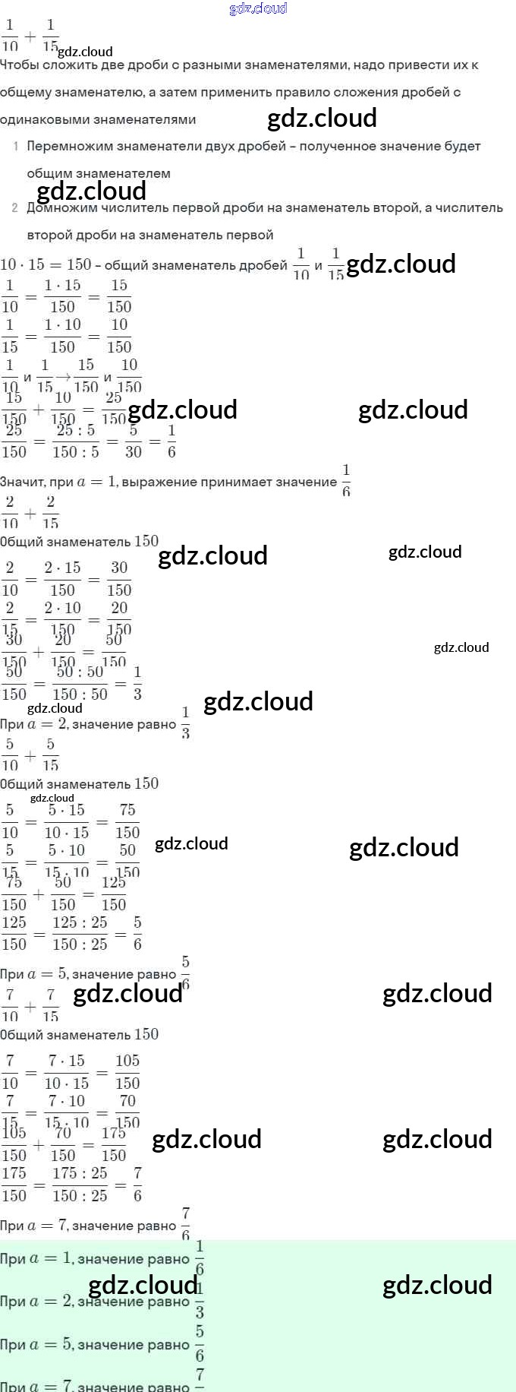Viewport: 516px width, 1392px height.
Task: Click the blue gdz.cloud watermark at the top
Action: (x=258, y=8)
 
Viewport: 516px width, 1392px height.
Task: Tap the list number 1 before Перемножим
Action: (x=15, y=146)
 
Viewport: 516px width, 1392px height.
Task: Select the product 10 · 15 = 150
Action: (x=46, y=264)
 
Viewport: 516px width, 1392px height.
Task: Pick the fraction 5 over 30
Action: (x=133, y=441)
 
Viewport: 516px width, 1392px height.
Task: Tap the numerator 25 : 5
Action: (x=75, y=431)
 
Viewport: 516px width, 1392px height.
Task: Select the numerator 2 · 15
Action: (x=62, y=568)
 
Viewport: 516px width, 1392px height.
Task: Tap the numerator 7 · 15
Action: (x=67, y=1061)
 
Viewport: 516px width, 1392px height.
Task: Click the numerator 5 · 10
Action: (x=67, y=851)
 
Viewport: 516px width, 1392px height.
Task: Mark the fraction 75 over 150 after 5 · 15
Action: (x=127, y=821)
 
